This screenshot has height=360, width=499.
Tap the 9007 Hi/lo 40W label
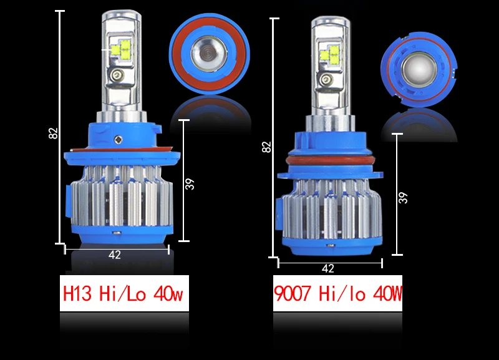(337, 293)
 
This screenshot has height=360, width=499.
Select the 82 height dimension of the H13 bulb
(53, 133)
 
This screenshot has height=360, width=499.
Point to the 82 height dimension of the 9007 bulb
(266, 147)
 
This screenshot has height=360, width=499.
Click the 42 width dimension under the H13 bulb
(115, 255)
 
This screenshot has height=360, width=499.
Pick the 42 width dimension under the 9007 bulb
(328, 268)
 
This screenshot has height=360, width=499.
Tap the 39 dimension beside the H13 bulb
(190, 184)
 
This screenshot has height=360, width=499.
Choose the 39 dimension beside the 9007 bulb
(402, 198)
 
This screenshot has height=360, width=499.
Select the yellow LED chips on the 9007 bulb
(330, 55)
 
